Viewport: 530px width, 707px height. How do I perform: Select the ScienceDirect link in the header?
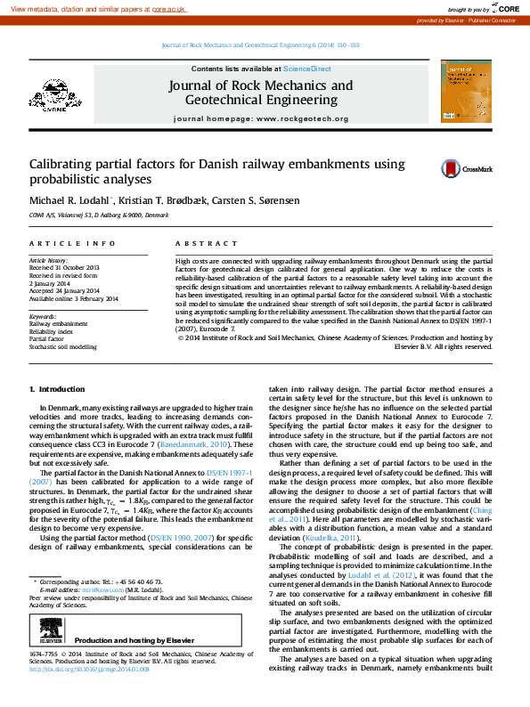pos(307,68)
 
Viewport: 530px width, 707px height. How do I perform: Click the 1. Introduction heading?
pos(57,389)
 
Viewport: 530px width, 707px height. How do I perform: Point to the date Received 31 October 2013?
pos(65,267)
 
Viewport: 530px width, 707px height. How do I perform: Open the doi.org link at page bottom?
pos(89,694)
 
